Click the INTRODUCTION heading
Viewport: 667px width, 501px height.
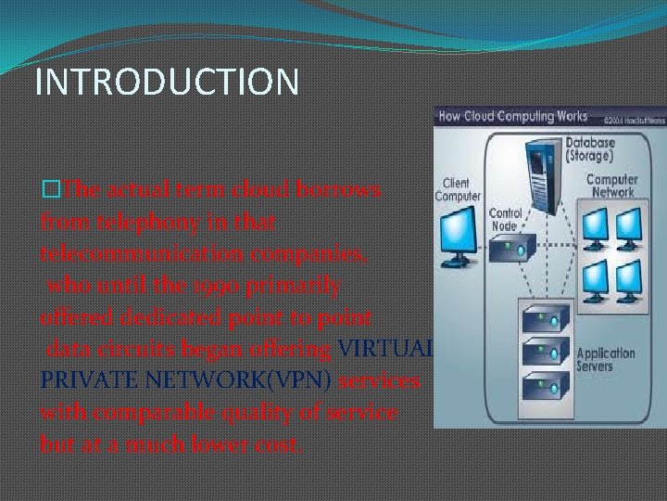click(x=167, y=81)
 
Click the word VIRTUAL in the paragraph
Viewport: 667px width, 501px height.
click(x=387, y=351)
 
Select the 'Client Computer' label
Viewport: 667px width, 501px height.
click(x=458, y=190)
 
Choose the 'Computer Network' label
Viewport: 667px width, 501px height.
click(x=611, y=186)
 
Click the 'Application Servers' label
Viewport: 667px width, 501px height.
click(x=607, y=359)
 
